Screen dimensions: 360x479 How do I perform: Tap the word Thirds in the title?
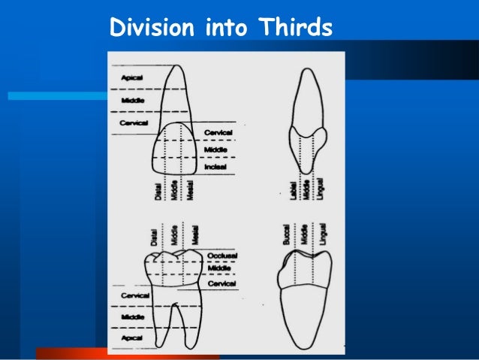[x=295, y=28]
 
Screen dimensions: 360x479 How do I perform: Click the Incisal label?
[x=215, y=167]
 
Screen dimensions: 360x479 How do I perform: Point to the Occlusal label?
[x=221, y=256]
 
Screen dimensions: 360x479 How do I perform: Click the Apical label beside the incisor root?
[x=122, y=77]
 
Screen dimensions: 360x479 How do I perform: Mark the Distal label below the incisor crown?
[x=158, y=192]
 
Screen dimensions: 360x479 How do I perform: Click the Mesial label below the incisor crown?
[x=191, y=192]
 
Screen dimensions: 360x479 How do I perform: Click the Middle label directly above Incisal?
[x=215, y=150]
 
